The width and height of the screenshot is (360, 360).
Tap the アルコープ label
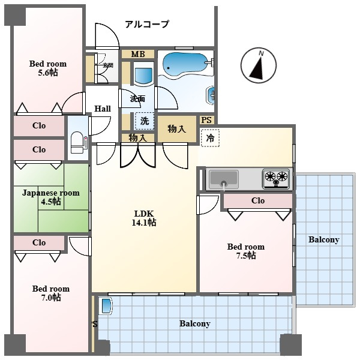[x=147, y=25]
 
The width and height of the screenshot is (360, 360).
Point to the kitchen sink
[x=222, y=178]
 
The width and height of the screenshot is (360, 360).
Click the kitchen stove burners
[x=276, y=177]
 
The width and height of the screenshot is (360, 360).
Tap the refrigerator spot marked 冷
[x=210, y=138]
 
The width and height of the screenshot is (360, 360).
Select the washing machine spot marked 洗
[x=144, y=121]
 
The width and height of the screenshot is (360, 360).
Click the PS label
[x=206, y=120]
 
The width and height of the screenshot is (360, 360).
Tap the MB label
[x=138, y=55]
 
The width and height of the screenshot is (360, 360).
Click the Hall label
[x=103, y=109]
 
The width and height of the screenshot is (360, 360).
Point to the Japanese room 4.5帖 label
[x=51, y=197]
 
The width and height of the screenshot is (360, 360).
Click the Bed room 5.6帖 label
[x=48, y=68]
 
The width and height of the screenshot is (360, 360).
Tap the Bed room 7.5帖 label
[x=245, y=251]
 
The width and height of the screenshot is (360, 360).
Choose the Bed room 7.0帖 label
[x=50, y=293]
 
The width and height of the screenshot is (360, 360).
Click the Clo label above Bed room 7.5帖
[x=258, y=200]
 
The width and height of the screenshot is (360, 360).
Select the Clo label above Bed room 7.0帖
[x=39, y=243]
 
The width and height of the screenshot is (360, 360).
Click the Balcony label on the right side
[x=323, y=240]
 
